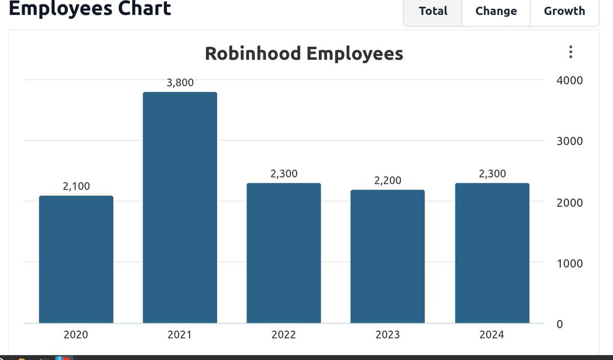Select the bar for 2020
(76, 259)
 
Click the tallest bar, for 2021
(180, 208)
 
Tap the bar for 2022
(284, 253)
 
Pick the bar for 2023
(388, 256)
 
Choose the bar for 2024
(492, 253)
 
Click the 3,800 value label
(180, 82)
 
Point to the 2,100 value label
(76, 186)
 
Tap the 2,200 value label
(388, 180)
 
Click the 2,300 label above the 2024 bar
(492, 174)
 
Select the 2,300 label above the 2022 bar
(284, 174)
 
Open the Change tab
(496, 11)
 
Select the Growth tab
(564, 11)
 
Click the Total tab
(433, 11)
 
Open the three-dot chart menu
(571, 52)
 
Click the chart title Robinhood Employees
(304, 53)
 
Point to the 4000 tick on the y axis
(570, 81)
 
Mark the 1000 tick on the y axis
(570, 263)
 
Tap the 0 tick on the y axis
(560, 324)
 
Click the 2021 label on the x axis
(179, 334)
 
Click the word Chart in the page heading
(145, 8)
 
